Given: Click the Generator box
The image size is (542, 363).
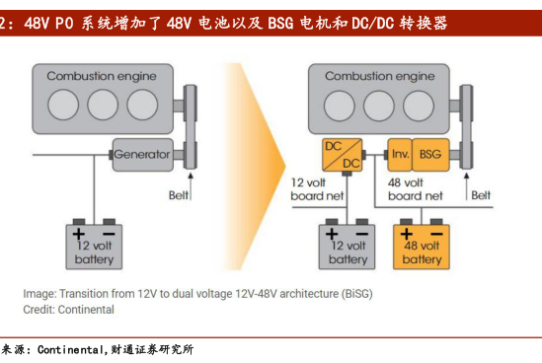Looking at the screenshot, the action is [x=143, y=155].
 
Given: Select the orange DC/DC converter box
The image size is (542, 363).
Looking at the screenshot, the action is [x=343, y=155].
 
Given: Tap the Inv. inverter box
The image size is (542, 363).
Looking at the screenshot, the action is [x=400, y=155].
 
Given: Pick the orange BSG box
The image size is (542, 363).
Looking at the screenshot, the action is [x=430, y=155].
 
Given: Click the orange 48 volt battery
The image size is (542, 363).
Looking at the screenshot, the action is [x=422, y=247].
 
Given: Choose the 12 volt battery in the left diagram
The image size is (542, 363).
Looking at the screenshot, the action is [x=94, y=247].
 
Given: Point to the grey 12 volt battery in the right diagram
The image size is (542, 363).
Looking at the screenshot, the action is [x=347, y=247].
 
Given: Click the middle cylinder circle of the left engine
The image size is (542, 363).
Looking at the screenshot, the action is [x=103, y=105].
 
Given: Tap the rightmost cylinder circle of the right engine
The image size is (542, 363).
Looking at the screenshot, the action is [x=419, y=106].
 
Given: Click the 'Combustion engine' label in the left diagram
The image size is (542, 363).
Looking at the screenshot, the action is [x=102, y=76].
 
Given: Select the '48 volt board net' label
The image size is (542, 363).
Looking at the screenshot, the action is [x=415, y=189].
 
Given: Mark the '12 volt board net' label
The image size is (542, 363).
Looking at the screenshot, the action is [x=317, y=189].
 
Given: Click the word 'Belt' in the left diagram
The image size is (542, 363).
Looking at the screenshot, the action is [x=179, y=195].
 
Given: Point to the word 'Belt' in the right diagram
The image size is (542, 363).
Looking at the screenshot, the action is [x=481, y=195].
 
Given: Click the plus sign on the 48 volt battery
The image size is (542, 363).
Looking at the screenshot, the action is [x=407, y=234].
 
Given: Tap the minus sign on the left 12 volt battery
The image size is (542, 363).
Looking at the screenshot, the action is [x=109, y=234].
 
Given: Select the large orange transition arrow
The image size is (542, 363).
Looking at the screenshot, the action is [x=254, y=167].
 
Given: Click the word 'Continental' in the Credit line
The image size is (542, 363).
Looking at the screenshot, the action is [x=86, y=310].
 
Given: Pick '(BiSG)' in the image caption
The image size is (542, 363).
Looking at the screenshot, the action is [x=357, y=294].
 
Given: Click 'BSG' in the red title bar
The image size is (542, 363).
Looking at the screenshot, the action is [x=280, y=23].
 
